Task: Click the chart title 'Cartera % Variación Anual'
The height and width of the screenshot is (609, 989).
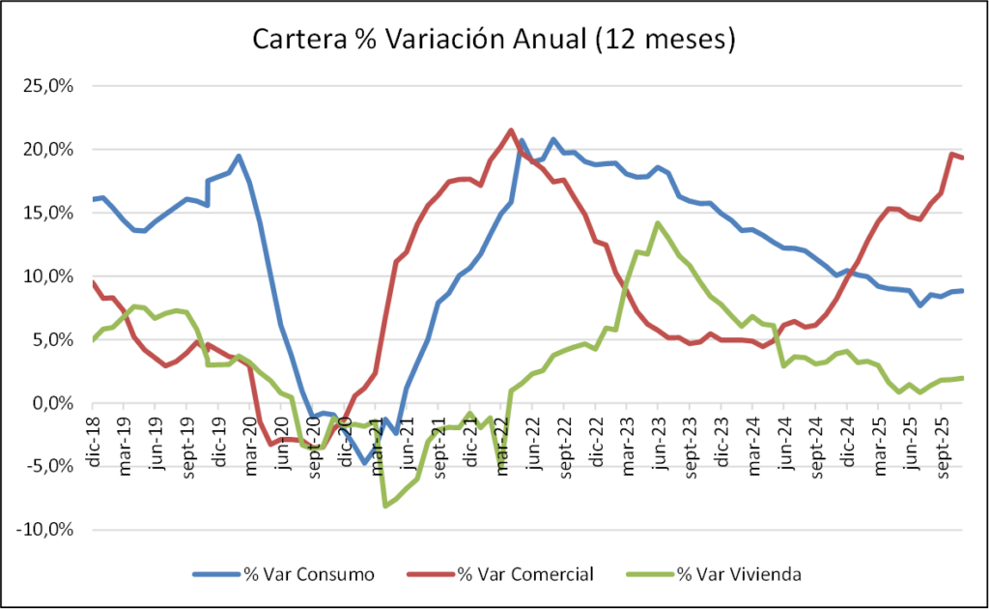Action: (x=494, y=40)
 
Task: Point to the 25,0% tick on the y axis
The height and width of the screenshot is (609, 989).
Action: (x=49, y=86)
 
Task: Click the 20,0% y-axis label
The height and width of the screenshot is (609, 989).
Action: (x=49, y=150)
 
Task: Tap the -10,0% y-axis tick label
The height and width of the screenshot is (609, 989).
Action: (x=46, y=530)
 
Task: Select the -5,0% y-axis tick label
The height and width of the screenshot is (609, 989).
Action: (x=49, y=466)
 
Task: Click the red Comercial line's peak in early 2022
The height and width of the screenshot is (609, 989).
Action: (x=511, y=130)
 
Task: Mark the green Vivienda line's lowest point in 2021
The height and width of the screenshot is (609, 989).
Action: (x=385, y=506)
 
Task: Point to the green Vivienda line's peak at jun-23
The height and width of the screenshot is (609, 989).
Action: (x=658, y=223)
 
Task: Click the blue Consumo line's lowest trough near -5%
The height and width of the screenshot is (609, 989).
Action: (x=365, y=462)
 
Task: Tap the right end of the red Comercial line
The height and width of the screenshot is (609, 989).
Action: (x=962, y=158)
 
